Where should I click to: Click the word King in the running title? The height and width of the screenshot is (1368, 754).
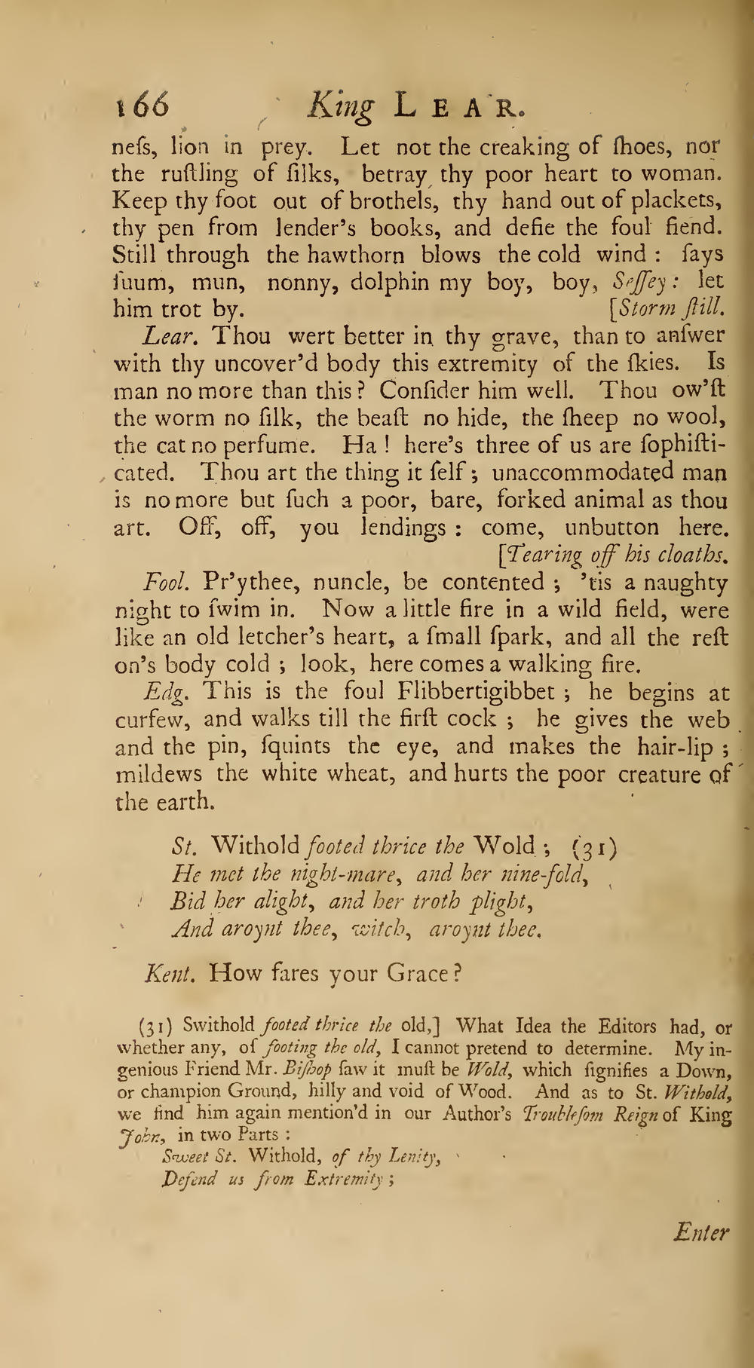[341, 108]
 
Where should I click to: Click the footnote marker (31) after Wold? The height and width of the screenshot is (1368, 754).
[595, 848]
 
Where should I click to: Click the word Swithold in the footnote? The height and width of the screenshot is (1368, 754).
[219, 1026]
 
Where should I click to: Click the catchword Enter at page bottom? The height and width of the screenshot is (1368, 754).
[701, 1234]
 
